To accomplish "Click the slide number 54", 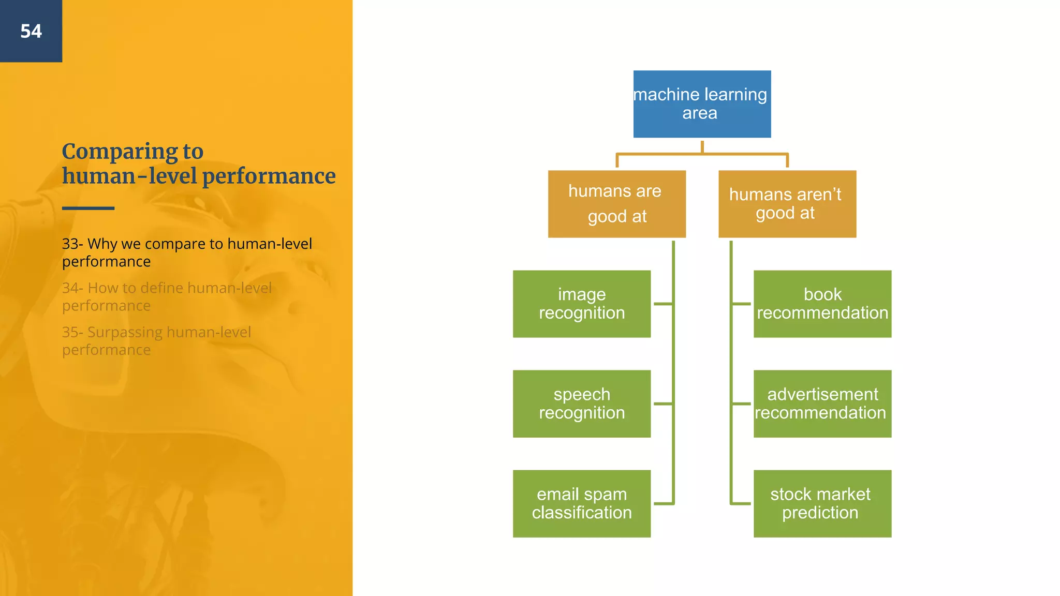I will point(31,32).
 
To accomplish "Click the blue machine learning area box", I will point(702,104).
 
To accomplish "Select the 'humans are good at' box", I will point(616,204).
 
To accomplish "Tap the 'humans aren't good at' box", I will point(787,204).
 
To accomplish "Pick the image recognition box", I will point(581,304).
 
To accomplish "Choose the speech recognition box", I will point(581,404).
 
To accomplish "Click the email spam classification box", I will point(581,503).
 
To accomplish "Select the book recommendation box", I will point(822,304).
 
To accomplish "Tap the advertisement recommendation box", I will point(822,404).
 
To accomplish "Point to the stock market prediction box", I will point(822,503).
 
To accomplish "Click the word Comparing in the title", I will point(120,152).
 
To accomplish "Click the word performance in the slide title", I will point(269,176).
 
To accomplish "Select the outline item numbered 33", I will point(186,252).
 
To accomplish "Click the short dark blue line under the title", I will point(88,208).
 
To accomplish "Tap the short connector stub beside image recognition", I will point(663,304).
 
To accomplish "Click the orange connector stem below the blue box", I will point(702,147).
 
